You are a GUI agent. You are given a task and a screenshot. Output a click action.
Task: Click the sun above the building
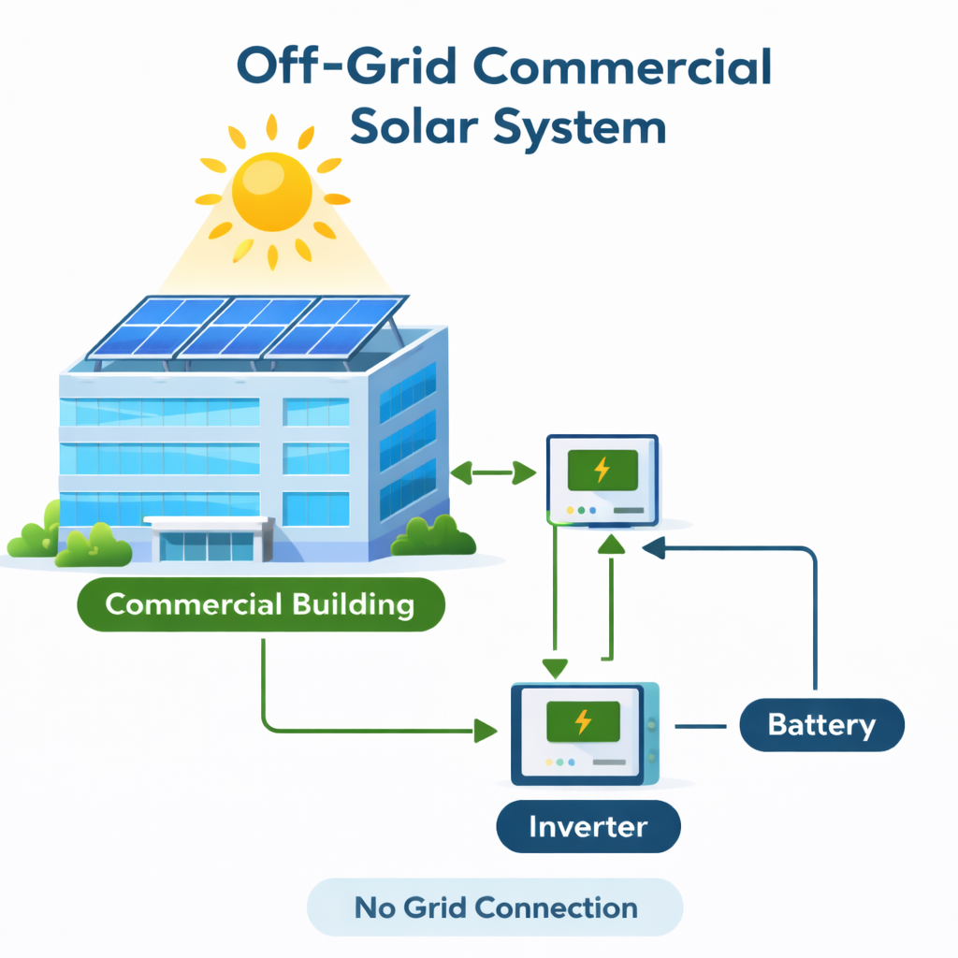point(271,192)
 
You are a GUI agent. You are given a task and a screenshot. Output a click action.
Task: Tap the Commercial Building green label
point(259,604)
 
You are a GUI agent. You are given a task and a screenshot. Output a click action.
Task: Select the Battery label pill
point(821,725)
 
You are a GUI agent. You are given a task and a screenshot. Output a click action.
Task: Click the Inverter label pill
point(588,827)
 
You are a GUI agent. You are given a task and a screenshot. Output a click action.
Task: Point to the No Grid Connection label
point(495,907)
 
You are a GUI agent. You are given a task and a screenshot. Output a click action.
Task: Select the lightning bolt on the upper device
point(602,469)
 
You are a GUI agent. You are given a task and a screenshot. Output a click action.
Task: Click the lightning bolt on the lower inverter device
point(582,720)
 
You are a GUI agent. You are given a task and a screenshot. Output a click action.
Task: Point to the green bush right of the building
point(433,536)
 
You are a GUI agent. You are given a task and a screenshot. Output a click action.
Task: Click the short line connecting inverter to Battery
point(701,725)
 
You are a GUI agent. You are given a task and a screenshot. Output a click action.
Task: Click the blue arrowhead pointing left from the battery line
point(653,549)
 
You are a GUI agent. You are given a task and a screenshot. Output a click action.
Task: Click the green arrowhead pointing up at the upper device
point(612,543)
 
